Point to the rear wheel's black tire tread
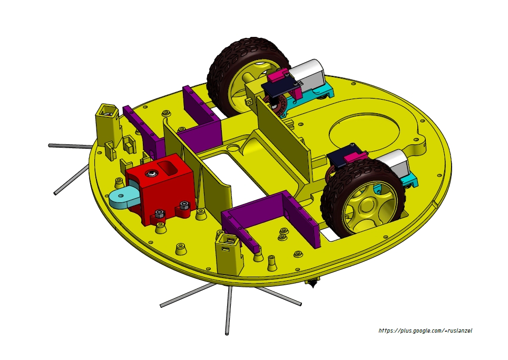[221, 69]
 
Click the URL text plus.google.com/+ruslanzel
[425, 331]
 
